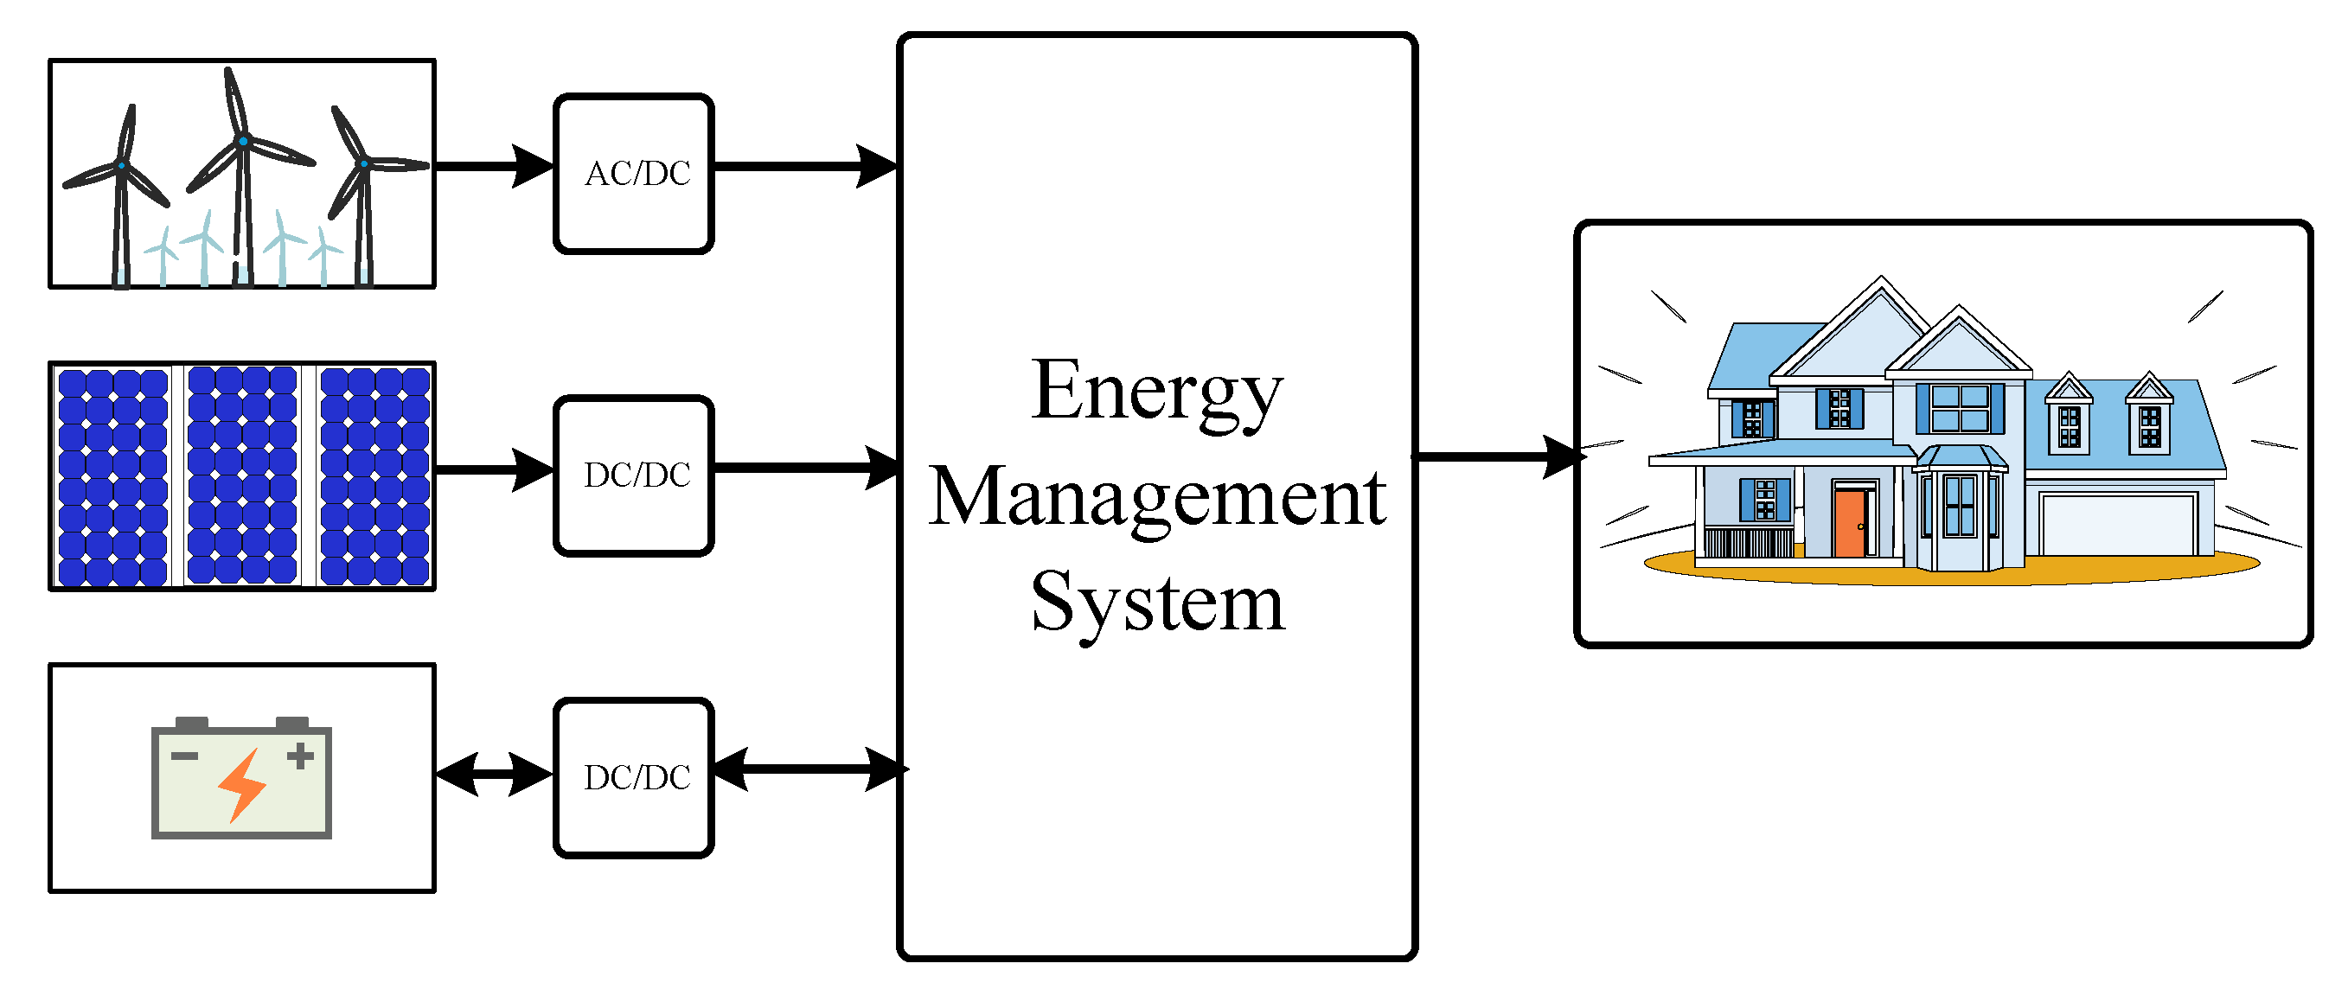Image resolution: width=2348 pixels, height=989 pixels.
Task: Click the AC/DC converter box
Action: (634, 173)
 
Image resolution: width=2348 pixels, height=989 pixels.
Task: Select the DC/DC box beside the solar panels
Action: (634, 475)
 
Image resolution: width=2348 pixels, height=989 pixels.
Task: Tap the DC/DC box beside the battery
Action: (634, 777)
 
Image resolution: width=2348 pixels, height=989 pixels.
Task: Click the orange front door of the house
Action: (1849, 523)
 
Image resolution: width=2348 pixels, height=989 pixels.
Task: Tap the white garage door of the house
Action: (2117, 524)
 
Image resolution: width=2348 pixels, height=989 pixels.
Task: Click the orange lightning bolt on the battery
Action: (242, 785)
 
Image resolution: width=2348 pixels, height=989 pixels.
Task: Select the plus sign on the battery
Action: (300, 756)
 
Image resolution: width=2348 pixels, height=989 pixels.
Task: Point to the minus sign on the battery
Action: (184, 756)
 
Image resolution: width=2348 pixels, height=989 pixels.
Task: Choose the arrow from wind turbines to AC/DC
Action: (492, 166)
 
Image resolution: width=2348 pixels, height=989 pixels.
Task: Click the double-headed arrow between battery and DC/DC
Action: (494, 774)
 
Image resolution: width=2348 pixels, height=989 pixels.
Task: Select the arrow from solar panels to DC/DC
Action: (492, 469)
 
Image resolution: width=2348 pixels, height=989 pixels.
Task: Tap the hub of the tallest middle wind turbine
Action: (243, 141)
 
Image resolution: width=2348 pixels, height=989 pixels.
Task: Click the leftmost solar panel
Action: (113, 475)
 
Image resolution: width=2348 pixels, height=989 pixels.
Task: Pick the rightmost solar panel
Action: (374, 475)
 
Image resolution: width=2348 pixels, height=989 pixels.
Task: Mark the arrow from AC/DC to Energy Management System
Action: (802, 166)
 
